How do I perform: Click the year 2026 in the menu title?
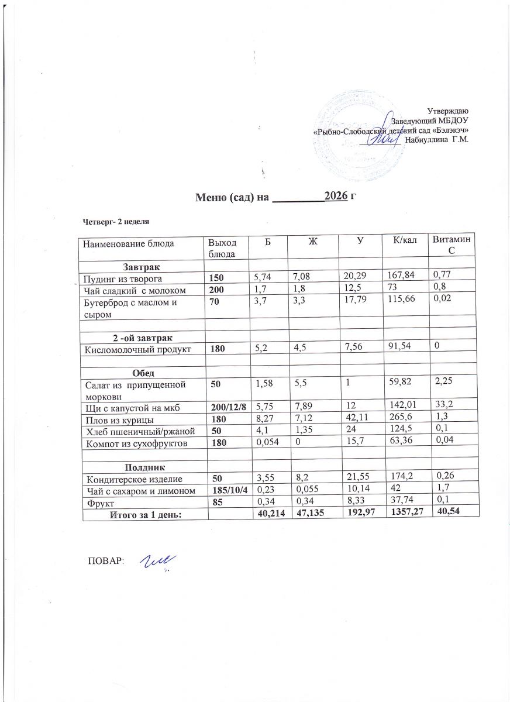[x=336, y=197]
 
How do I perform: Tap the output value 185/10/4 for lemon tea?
[x=225, y=491]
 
